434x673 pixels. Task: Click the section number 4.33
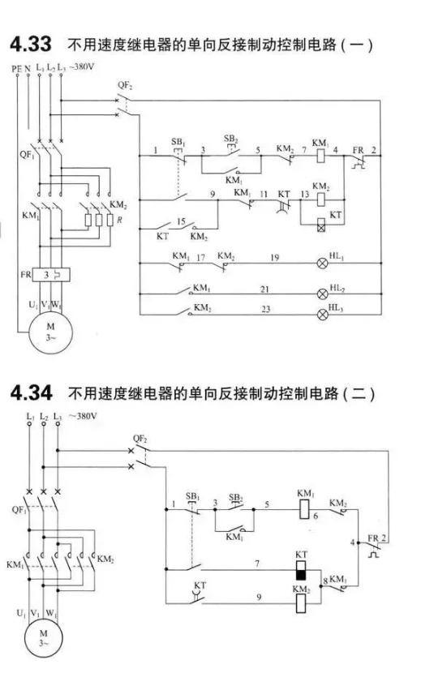point(31,45)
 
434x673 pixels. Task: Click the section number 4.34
point(31,393)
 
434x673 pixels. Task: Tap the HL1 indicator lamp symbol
point(322,263)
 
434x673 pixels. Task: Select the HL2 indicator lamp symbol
point(322,294)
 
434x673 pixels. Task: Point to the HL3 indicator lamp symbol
point(322,314)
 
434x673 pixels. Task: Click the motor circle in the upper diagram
point(50,332)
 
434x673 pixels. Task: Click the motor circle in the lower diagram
point(43,638)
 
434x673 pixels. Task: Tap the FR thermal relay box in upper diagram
point(52,275)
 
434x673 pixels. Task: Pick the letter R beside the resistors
point(119,221)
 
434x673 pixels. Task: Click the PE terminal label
point(17,68)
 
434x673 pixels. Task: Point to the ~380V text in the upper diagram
point(81,66)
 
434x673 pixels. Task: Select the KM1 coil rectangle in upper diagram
point(320,156)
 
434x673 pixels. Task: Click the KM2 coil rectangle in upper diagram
point(320,199)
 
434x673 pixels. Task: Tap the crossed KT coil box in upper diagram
point(320,225)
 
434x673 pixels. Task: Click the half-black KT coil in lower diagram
point(301,570)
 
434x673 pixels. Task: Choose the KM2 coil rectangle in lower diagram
point(301,603)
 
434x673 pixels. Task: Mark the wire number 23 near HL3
point(266,309)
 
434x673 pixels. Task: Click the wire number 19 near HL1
point(275,257)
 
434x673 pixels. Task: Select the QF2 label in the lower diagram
point(140,439)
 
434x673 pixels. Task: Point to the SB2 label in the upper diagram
point(230,139)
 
